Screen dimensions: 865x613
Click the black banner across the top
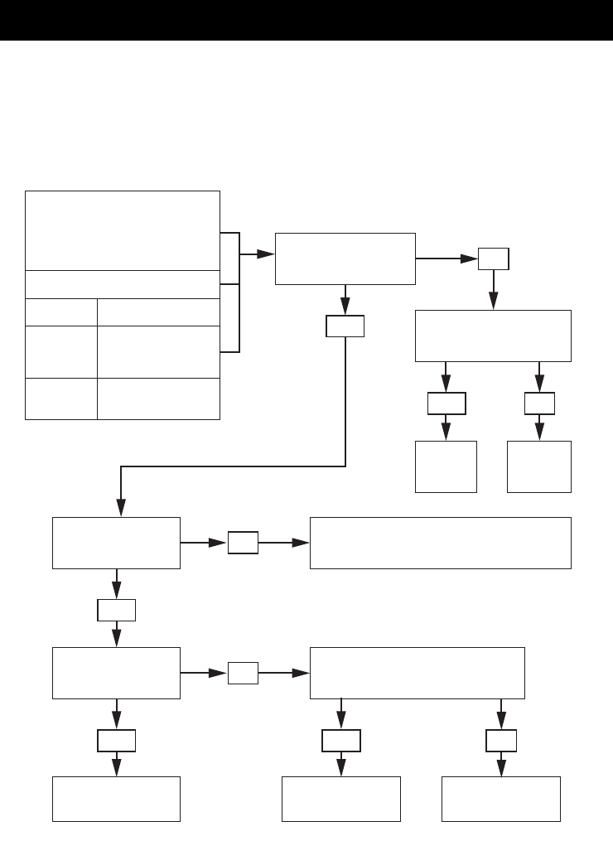[306, 20]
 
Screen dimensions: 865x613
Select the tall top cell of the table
[123, 230]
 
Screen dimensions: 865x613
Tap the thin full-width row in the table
[123, 284]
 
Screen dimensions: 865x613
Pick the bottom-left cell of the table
[61, 399]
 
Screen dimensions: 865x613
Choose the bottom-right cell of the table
[158, 399]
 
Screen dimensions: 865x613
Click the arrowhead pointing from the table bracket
[265, 254]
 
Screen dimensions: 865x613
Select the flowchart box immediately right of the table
[345, 259]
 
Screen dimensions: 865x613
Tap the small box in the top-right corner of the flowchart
[494, 259]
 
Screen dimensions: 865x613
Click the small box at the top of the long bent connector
[345, 327]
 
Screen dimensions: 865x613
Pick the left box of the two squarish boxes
[446, 466]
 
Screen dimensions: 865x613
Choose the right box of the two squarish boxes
[539, 466]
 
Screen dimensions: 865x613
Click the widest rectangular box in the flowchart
[440, 543]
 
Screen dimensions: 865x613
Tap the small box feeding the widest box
[242, 544]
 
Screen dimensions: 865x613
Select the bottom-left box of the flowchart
[116, 799]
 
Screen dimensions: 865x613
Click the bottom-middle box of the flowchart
[341, 799]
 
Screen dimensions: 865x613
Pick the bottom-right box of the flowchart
[501, 799]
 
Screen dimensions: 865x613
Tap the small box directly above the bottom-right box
[501, 741]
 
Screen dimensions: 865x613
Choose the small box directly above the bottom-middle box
[341, 741]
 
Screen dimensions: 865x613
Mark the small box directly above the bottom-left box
[116, 741]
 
